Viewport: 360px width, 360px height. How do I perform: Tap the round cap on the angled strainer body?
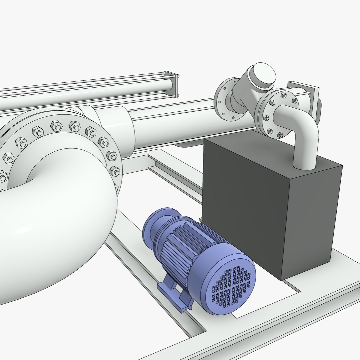(x=263, y=73)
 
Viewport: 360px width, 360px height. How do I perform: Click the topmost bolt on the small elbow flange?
(x=283, y=95)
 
